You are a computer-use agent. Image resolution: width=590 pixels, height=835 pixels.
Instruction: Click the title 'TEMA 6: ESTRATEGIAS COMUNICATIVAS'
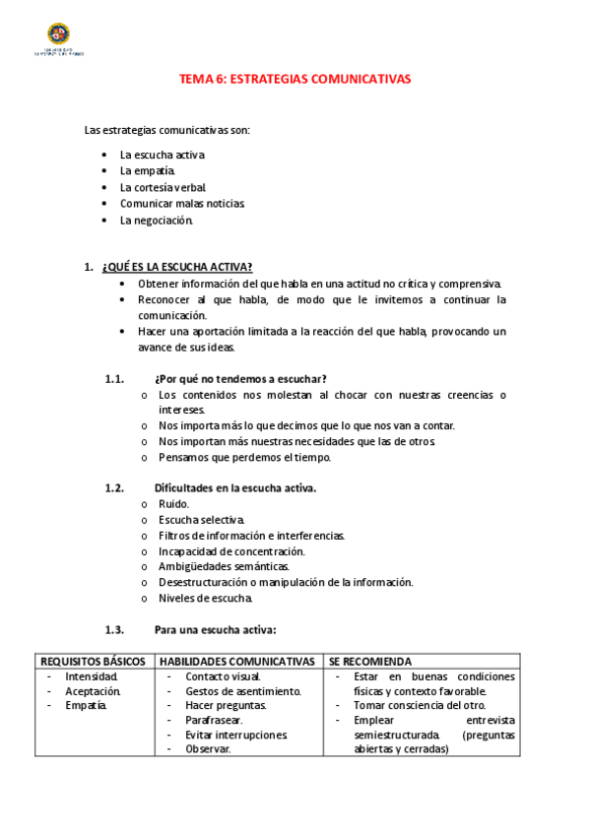point(295,81)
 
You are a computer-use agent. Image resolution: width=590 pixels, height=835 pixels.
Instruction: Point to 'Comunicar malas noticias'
point(181,204)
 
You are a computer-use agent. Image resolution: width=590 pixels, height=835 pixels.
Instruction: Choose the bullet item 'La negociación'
point(157,221)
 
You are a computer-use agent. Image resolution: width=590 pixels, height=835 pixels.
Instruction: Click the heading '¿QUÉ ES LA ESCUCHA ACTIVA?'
point(176,267)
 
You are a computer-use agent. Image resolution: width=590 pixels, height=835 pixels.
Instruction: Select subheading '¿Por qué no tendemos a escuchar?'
point(240,379)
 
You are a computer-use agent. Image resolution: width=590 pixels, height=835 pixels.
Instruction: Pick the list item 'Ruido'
point(173,504)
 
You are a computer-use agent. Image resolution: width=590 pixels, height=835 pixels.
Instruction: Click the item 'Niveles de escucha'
point(205,598)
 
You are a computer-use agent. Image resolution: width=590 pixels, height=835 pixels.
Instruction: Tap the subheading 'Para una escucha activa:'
point(215,630)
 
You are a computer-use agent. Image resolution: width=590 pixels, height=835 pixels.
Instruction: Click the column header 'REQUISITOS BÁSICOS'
point(93,662)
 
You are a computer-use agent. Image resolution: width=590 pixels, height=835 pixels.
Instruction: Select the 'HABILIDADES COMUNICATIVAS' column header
point(237,662)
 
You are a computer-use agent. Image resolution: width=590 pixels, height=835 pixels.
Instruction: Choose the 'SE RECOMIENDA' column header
point(370,662)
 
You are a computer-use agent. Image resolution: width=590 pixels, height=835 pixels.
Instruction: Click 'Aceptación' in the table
point(93,691)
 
